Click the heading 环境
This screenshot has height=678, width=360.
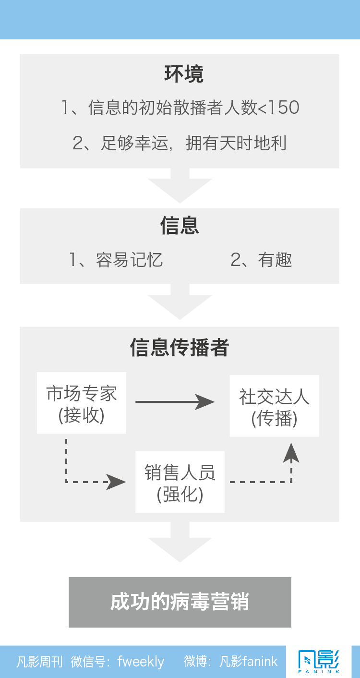pyautogui.click(x=184, y=74)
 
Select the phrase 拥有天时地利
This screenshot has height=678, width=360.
pyautogui.click(x=236, y=143)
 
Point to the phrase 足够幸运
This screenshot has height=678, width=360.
pyautogui.click(x=134, y=143)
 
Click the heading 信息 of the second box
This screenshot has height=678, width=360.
pyautogui.click(x=180, y=226)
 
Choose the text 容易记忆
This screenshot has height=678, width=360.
pyautogui.click(x=130, y=260)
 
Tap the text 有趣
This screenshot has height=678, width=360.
pyautogui.click(x=275, y=260)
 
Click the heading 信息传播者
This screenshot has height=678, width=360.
pyautogui.click(x=180, y=347)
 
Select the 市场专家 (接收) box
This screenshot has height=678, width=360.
pyautogui.click(x=82, y=403)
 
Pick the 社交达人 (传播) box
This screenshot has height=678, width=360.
pyautogui.click(x=275, y=406)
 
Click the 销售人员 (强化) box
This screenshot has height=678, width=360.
pyautogui.click(x=180, y=482)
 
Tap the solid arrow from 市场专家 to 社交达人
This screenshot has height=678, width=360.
pyautogui.click(x=175, y=402)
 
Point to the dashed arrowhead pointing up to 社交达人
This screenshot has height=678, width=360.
pyautogui.click(x=291, y=453)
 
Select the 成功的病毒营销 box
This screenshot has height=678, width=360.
pyautogui.click(x=180, y=602)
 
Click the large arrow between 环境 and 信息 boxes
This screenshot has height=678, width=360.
pyautogui.click(x=180, y=186)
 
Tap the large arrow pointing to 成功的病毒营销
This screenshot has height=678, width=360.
pyautogui.click(x=180, y=542)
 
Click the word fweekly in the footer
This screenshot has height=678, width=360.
pyautogui.click(x=141, y=662)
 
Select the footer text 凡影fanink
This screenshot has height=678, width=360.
pyautogui.click(x=248, y=661)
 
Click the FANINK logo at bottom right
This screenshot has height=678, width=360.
pyautogui.click(x=319, y=661)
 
